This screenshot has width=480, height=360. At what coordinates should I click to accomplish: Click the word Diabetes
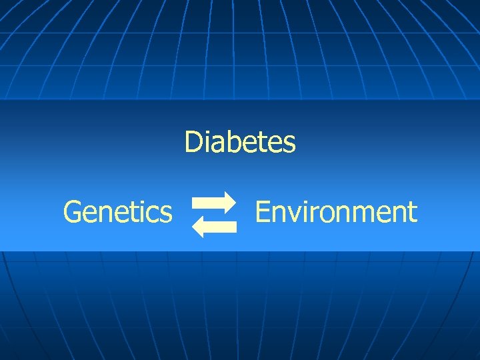(x=240, y=142)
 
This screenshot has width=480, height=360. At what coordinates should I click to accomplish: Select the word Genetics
(x=117, y=213)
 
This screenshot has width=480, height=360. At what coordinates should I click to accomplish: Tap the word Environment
(x=336, y=212)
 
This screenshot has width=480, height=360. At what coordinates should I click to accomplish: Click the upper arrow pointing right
(x=213, y=201)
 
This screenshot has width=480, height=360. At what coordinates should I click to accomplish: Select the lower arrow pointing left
(x=214, y=227)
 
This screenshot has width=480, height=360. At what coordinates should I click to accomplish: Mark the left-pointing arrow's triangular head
(x=199, y=227)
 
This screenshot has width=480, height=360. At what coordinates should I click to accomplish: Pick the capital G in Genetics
(x=72, y=213)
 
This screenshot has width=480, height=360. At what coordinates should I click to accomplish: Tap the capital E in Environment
(x=262, y=212)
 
